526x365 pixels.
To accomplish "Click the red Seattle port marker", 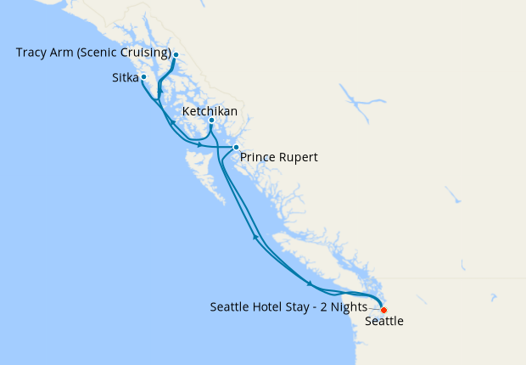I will (x=383, y=310).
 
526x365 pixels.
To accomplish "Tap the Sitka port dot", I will (x=143, y=77).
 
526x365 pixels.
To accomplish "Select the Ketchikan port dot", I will (x=211, y=121).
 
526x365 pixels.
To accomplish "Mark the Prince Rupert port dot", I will (x=236, y=148).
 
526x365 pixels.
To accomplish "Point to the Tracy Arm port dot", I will (x=176, y=55).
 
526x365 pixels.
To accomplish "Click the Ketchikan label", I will (x=210, y=111).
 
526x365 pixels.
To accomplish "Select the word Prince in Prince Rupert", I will (x=258, y=157).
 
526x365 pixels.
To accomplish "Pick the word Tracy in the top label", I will (x=31, y=53).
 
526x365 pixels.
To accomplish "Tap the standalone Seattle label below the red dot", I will (x=383, y=322).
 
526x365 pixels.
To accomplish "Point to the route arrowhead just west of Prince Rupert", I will (x=199, y=145).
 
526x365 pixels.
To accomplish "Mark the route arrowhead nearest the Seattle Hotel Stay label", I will (x=310, y=284).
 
